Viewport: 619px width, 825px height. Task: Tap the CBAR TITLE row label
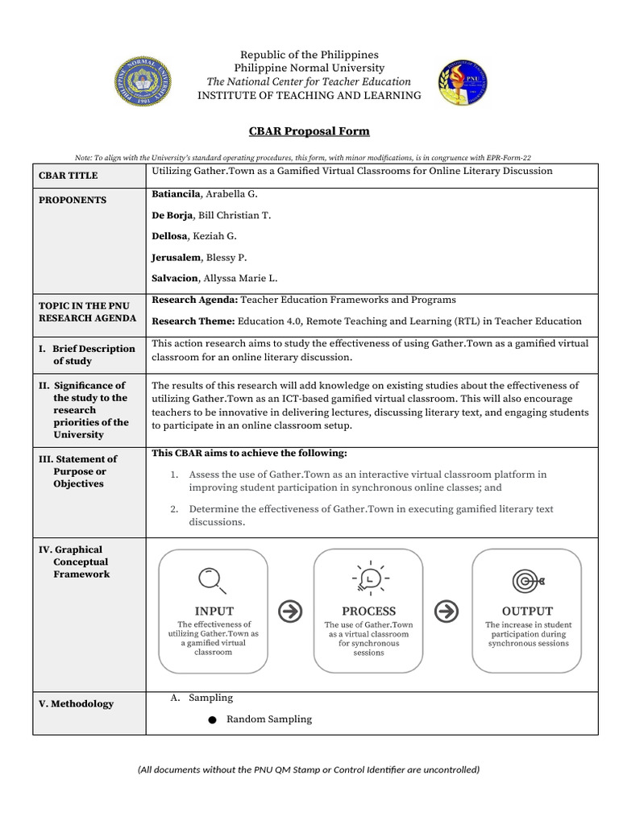pos(69,176)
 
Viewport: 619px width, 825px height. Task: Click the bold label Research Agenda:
pos(194,300)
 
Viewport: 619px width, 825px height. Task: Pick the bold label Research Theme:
pos(193,321)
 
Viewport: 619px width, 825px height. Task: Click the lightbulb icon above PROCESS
pos(369,578)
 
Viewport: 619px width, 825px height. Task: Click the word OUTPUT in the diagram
pos(527,611)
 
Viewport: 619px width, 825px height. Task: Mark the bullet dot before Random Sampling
pos(212,720)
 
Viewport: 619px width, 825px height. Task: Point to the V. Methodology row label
pos(77,704)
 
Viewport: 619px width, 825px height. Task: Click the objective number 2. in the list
pos(174,509)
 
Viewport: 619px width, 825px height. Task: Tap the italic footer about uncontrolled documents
pos(309,769)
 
